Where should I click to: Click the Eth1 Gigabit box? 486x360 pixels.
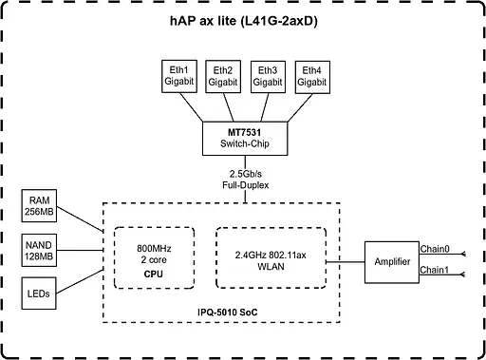click(x=179, y=76)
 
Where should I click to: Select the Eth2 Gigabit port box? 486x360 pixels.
click(x=223, y=76)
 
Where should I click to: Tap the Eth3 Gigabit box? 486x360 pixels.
click(x=267, y=76)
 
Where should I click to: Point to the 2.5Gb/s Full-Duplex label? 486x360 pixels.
click(x=245, y=180)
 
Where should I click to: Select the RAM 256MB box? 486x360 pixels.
click(x=40, y=206)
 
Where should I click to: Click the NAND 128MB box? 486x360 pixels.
click(x=40, y=251)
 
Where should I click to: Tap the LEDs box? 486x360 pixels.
click(x=40, y=294)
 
